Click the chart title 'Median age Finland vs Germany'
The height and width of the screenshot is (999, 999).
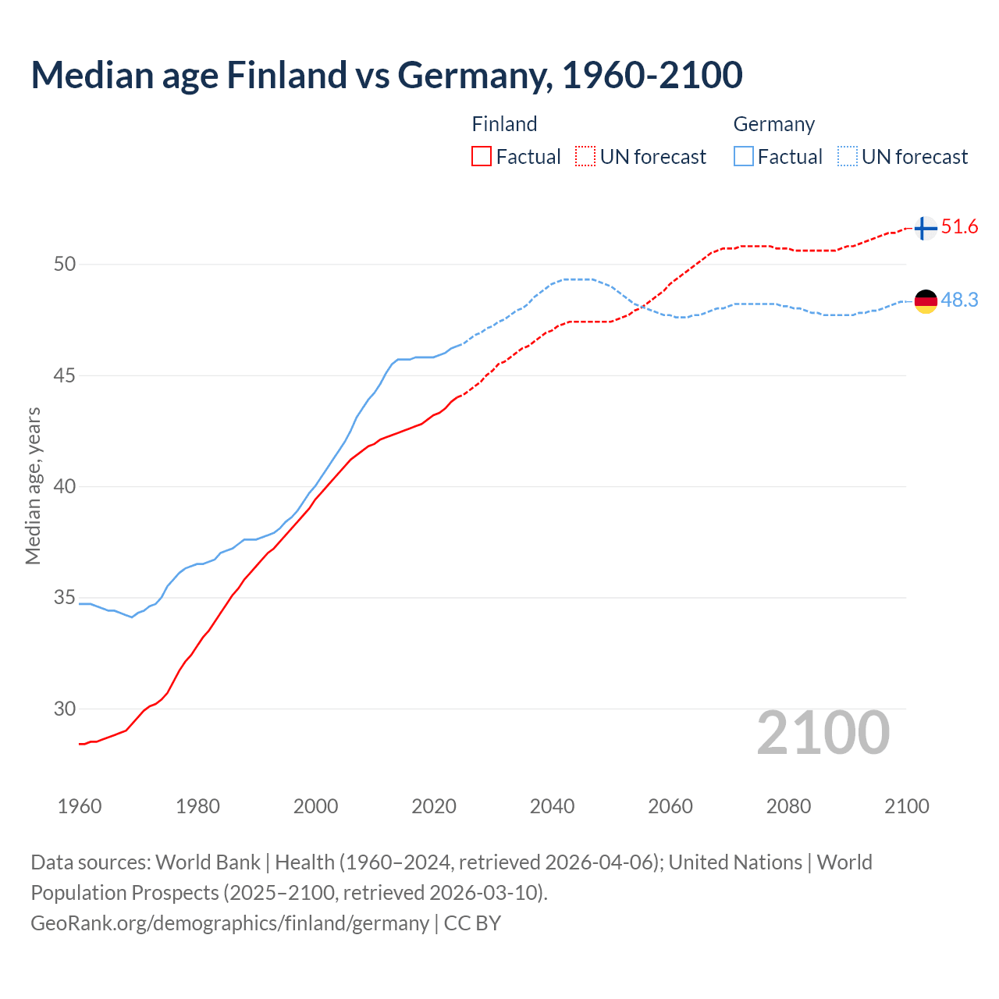coord(386,76)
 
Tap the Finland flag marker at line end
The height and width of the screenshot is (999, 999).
coord(925,228)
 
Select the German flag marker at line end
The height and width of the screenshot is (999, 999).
coord(925,301)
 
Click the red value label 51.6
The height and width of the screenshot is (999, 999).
coord(959,227)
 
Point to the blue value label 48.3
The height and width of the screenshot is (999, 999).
coord(959,300)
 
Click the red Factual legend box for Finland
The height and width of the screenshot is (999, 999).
coord(482,157)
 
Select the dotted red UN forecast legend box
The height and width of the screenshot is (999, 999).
coord(585,157)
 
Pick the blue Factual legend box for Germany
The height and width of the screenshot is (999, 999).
coord(744,157)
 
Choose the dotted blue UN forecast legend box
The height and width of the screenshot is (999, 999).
coord(848,157)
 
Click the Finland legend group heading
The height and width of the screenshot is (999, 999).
coord(504,124)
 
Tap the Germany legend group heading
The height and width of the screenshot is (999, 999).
coord(773,124)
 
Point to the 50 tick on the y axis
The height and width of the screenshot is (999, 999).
coord(65,265)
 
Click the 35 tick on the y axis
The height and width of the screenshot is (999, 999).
coord(65,598)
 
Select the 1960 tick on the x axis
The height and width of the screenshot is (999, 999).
coord(80,806)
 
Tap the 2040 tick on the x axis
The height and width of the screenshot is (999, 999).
coord(552,806)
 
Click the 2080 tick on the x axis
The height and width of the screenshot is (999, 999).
coord(788,806)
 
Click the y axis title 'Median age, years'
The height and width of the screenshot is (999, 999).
coord(33,485)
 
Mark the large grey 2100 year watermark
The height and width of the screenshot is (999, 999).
coord(823,733)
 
